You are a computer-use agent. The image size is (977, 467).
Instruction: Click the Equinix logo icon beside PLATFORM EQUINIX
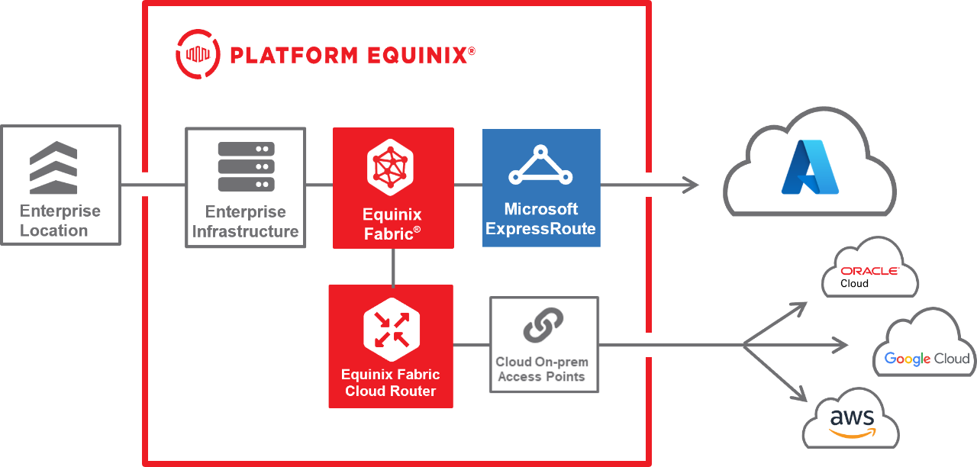pyautogui.click(x=198, y=54)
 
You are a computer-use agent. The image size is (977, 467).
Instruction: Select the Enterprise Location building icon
pyautogui.click(x=53, y=167)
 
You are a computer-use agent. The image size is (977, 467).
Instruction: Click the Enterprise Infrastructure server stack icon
pyautogui.click(x=246, y=167)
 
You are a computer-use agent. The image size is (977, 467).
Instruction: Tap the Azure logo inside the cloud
pyautogui.click(x=809, y=167)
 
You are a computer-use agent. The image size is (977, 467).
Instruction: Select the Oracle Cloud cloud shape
pyautogui.click(x=869, y=268)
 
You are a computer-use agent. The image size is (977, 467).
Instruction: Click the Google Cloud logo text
pyautogui.click(x=927, y=359)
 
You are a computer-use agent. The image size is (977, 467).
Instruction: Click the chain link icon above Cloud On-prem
pyautogui.click(x=543, y=325)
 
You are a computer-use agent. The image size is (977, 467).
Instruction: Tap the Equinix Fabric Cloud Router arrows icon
pyautogui.click(x=390, y=329)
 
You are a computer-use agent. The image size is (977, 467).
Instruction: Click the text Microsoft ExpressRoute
pyautogui.click(x=540, y=219)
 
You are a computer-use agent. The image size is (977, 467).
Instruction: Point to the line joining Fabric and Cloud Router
pyautogui.click(x=393, y=266)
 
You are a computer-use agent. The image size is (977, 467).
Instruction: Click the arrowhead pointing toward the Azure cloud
pyautogui.click(x=691, y=185)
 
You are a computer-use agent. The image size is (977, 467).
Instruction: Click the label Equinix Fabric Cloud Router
pyautogui.click(x=390, y=383)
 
